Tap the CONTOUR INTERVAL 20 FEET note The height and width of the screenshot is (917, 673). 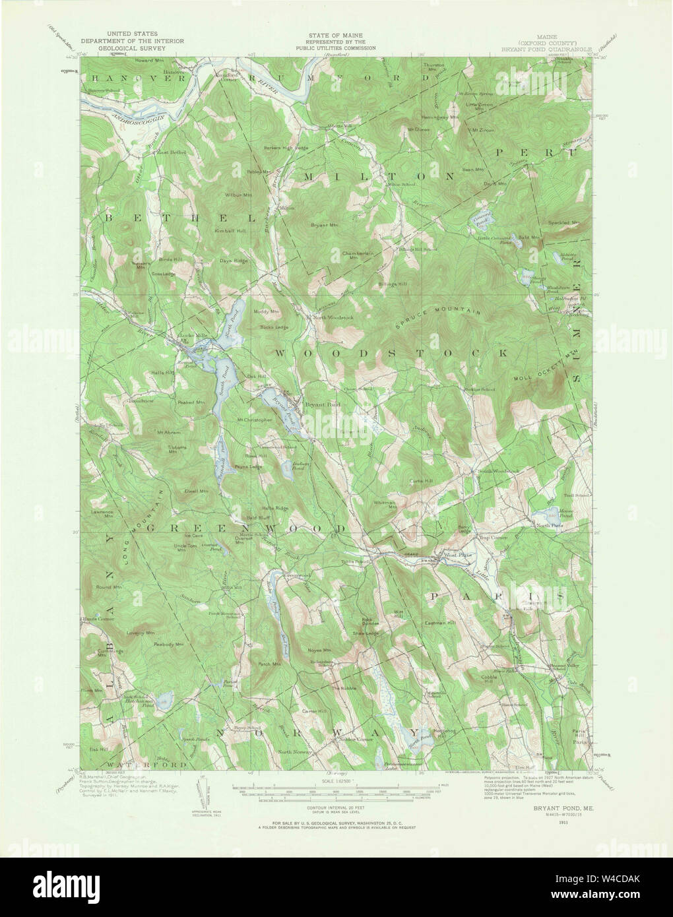coord(336,807)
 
